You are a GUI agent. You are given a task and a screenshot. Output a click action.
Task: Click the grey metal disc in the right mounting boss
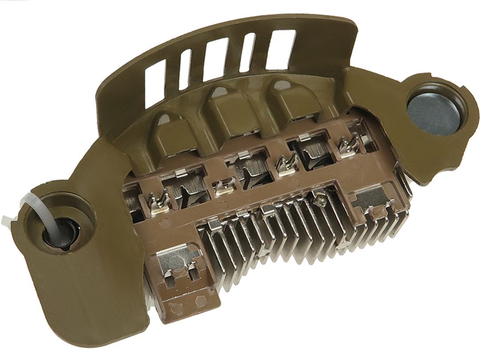[x=434, y=110]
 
